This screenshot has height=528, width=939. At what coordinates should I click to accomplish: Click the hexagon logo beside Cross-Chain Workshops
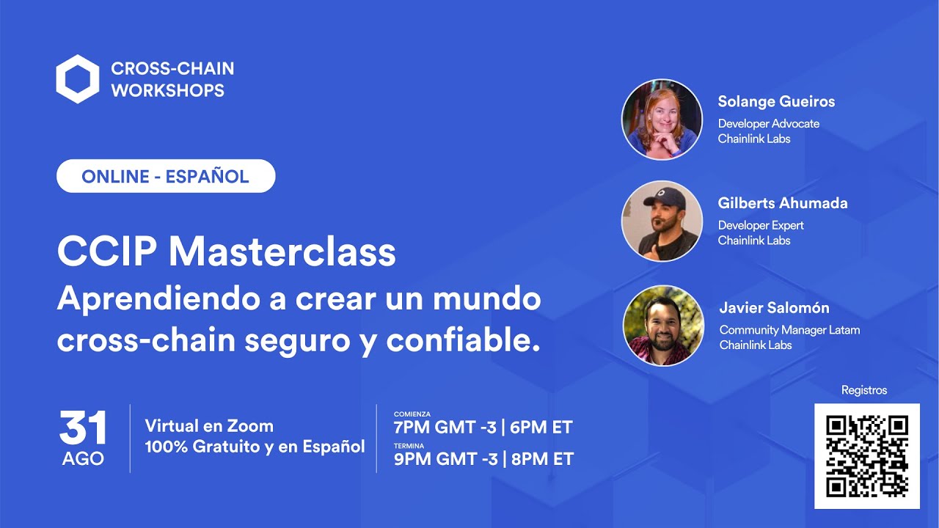coord(77,79)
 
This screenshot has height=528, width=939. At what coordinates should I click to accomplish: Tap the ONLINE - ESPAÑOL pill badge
coord(166,176)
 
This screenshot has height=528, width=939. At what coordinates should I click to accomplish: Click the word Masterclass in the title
coord(282,252)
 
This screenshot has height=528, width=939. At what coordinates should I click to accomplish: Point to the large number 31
coord(83,428)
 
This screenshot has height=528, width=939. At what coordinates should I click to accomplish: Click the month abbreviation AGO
coord(83,459)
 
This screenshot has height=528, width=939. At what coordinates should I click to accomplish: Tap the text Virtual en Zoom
coord(209,426)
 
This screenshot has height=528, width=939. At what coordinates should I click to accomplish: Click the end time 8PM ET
coord(542,460)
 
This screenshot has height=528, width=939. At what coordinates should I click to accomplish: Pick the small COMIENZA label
coord(412,414)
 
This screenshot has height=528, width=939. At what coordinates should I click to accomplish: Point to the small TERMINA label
coord(409,446)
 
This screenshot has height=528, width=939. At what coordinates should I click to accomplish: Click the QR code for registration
coord(866,455)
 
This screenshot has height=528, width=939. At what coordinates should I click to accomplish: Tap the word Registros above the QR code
coord(864,390)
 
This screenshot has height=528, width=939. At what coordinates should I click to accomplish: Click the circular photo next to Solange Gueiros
coord(662,120)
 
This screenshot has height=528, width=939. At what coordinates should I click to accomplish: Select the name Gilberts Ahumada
coord(783,203)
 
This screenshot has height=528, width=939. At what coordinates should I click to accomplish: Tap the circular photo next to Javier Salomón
coord(662,326)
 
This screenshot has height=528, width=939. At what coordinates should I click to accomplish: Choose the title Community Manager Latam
coord(789,330)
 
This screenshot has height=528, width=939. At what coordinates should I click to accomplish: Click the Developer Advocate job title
coord(768,124)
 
